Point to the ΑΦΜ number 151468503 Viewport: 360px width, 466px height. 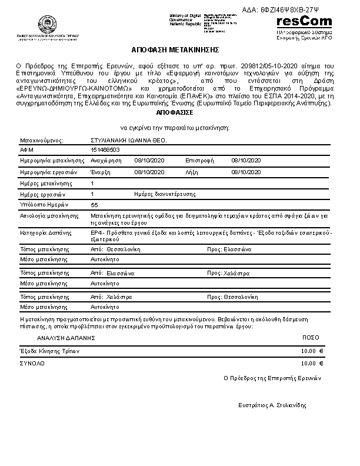point(105,150)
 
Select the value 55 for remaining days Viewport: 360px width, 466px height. point(95,204)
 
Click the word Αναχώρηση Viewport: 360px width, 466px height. point(106,160)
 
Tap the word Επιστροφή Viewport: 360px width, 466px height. point(199,160)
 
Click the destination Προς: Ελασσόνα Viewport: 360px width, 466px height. point(229,249)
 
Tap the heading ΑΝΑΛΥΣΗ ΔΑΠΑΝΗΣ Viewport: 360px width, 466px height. point(66,338)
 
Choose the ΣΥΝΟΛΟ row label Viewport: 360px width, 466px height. point(33,364)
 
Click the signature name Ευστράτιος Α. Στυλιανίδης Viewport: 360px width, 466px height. point(272,405)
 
